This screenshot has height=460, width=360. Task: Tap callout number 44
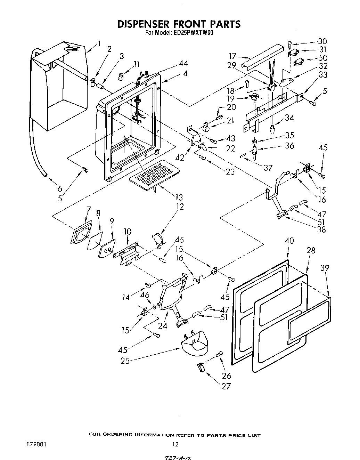[183, 63]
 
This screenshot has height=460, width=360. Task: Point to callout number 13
[179, 197]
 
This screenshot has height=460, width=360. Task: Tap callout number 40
[289, 241]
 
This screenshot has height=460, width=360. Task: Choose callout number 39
[325, 268]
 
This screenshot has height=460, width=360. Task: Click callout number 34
[289, 118]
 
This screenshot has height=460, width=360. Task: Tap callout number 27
[226, 386]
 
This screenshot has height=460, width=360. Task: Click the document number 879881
[36, 444]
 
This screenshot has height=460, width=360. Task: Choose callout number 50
[323, 58]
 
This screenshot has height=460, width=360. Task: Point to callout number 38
[322, 229]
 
